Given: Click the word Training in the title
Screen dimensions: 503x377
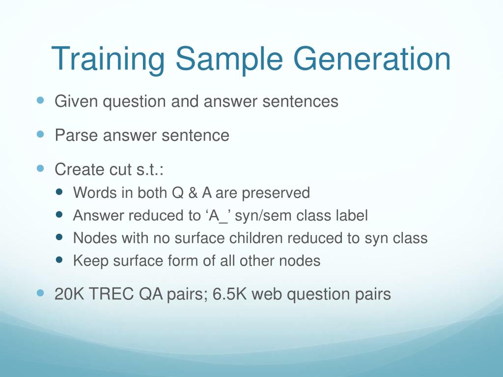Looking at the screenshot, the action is tap(108, 59).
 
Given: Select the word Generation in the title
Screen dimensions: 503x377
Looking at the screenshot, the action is tap(372, 59).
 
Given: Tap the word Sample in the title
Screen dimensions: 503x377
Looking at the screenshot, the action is tap(229, 59).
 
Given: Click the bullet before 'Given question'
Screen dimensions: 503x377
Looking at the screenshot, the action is tap(40, 100).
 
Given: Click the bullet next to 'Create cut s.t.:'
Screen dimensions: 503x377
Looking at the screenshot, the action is tap(40, 168).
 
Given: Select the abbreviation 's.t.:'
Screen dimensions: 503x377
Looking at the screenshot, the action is tap(150, 169).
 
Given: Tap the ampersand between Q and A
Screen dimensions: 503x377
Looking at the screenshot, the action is tap(193, 193).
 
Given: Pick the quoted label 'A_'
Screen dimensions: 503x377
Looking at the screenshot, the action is tap(216, 215).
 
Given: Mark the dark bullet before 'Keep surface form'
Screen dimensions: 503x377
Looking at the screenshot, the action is tap(59, 259).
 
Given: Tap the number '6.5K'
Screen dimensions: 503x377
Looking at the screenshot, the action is tap(230, 294).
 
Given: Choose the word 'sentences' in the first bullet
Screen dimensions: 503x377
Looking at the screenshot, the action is tap(300, 101).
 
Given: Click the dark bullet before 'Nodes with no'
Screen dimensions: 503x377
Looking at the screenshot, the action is tap(59, 237).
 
